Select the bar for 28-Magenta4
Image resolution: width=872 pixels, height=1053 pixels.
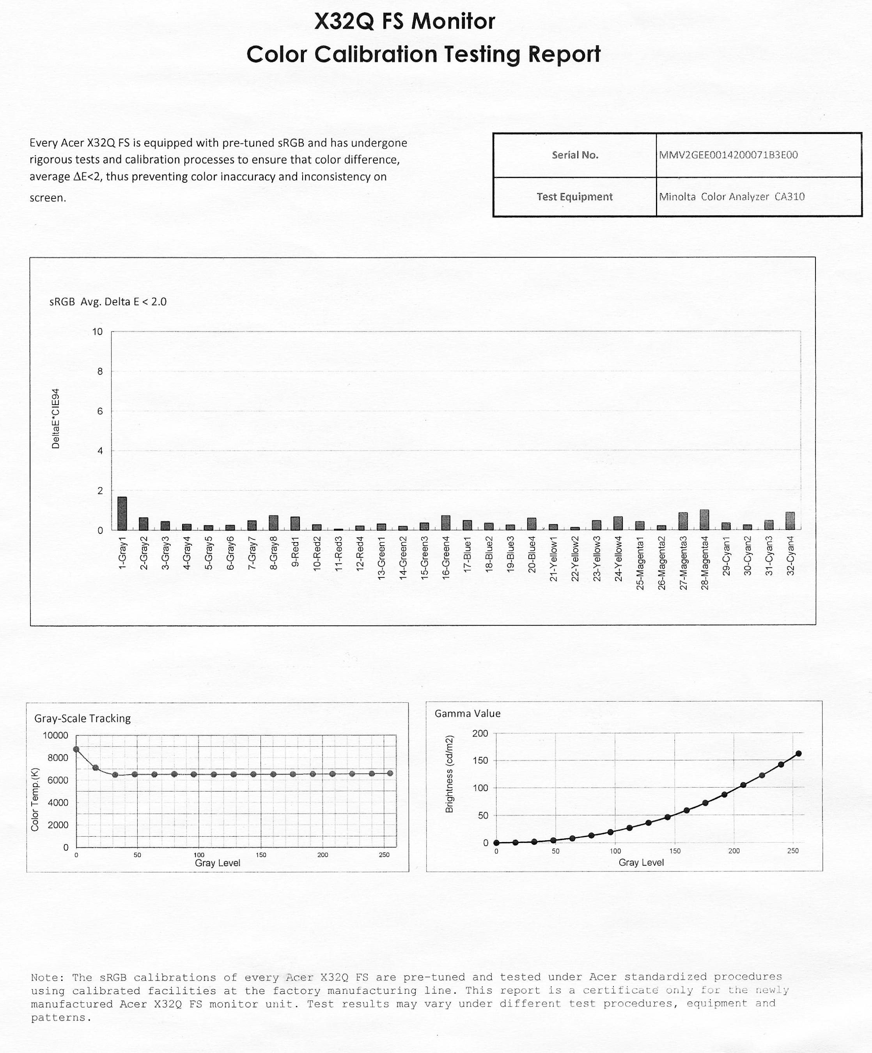704,519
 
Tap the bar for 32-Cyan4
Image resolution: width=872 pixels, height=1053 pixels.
790,521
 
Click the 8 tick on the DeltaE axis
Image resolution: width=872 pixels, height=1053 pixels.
98,371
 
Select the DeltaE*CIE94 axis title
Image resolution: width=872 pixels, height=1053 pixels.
56,418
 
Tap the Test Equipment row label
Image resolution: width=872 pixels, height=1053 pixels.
574,196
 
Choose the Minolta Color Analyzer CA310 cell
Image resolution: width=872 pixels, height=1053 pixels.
732,196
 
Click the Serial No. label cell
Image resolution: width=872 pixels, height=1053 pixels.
575,155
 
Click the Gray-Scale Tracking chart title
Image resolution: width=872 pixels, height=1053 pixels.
82,719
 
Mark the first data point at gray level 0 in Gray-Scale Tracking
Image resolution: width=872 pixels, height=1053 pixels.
76,749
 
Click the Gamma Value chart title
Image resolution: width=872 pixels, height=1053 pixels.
467,714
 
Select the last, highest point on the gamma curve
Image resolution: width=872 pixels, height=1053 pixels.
799,753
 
